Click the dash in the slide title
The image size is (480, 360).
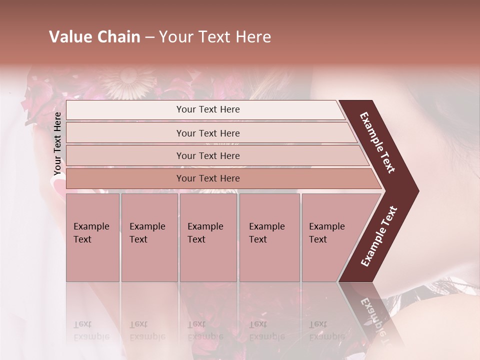[x=149, y=37]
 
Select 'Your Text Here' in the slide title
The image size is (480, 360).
[x=215, y=37]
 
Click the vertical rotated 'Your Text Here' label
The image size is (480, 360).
[x=57, y=143]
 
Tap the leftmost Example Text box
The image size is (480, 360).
[x=92, y=237]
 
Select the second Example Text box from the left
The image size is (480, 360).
[x=149, y=237]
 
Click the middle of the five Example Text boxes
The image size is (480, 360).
[x=208, y=237]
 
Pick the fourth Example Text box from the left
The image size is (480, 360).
[x=269, y=237]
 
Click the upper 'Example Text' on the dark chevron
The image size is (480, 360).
[x=377, y=142]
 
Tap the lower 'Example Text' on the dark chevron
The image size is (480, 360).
[x=379, y=236]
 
